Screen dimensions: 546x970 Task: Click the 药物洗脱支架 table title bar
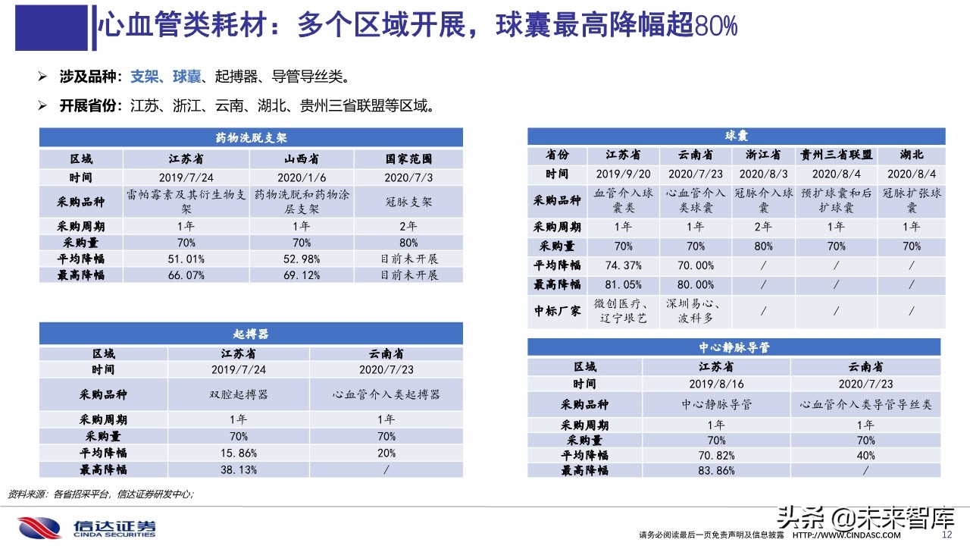251,138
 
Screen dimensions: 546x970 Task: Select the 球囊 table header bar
737,136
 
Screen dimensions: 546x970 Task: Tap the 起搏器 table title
251,334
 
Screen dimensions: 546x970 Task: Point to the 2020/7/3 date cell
409,177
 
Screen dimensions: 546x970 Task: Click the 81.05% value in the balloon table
624,284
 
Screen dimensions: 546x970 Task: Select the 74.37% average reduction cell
624,266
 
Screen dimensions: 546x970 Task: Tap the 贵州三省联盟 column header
837,155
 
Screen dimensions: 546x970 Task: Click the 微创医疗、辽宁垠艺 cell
624,312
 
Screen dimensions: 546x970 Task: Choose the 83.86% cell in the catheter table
716,471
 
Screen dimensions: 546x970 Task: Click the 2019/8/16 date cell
716,384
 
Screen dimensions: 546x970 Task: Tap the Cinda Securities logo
88,527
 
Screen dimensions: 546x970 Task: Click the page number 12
946,535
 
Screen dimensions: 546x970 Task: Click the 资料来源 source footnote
101,494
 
